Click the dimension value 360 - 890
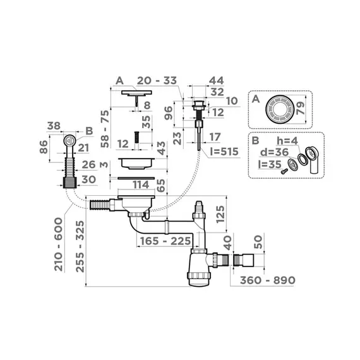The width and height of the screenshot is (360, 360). pos(263,280)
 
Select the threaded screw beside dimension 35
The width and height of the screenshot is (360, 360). pos(134,137)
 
